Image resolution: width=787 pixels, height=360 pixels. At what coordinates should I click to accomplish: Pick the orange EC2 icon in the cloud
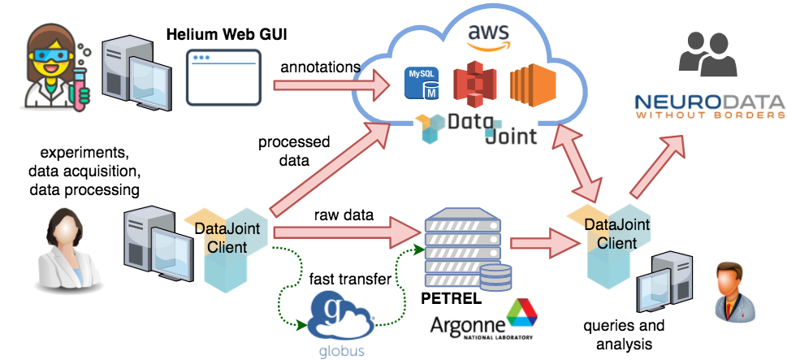coord(532,85)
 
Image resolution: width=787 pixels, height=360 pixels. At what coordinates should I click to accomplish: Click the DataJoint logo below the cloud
coord(476,129)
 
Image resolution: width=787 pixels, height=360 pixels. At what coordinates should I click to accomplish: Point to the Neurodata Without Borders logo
coord(709,106)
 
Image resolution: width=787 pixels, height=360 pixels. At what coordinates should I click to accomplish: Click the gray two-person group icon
coord(705,54)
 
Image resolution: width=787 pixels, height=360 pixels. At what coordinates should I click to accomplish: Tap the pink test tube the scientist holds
coord(80,88)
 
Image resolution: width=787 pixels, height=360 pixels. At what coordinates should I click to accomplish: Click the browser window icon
coord(224,77)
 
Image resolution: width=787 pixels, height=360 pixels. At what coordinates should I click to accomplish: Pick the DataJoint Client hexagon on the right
coord(609,244)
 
